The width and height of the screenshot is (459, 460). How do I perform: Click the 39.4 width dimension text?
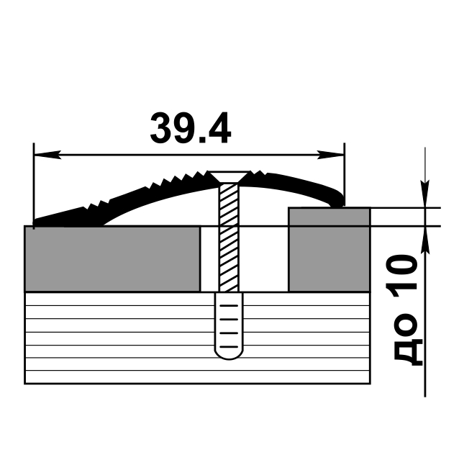point(190,128)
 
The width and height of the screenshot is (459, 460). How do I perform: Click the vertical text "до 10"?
point(406,310)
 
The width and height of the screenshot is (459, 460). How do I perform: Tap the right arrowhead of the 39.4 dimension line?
point(334,154)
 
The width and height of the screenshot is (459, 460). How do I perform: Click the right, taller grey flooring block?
point(329,249)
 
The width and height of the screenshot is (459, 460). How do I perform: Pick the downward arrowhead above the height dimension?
point(427,197)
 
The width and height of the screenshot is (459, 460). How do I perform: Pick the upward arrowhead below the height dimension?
point(427,238)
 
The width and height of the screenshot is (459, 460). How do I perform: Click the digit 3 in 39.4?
point(161,128)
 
